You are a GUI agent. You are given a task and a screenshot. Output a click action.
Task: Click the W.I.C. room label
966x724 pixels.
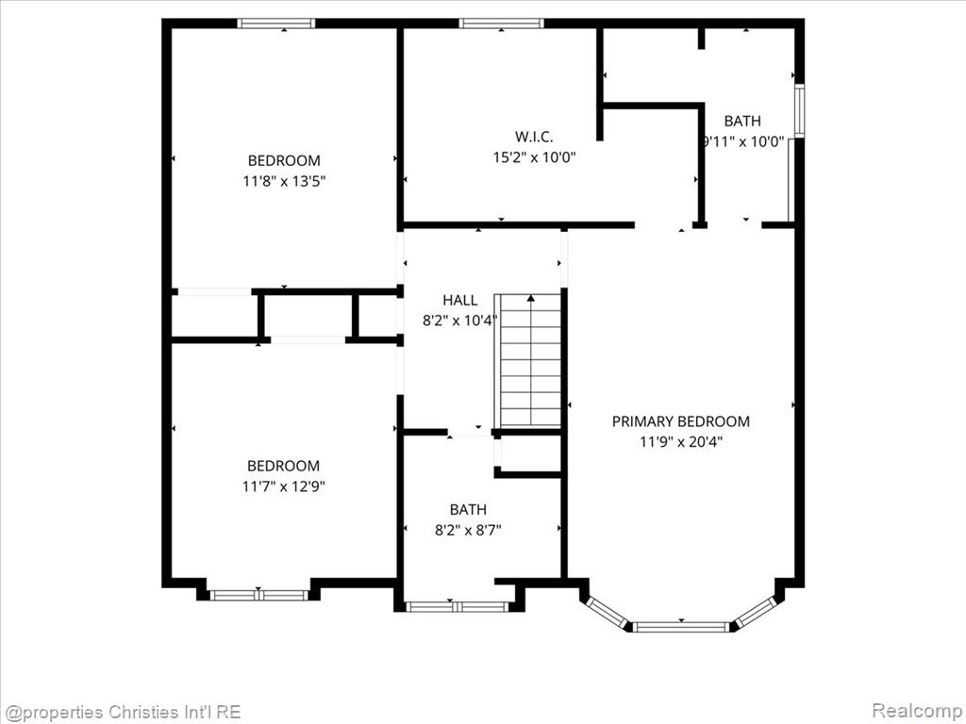coord(534,136)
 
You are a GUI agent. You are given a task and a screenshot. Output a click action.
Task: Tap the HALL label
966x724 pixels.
coord(460,301)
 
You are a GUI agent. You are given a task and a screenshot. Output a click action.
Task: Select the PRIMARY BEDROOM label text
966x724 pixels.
coord(681,421)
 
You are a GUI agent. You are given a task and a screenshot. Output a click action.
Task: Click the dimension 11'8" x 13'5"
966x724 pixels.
coord(284,182)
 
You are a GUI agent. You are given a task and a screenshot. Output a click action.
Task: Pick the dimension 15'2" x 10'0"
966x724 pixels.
coord(534,157)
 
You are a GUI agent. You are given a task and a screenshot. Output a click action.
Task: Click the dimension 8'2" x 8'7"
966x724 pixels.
coord(468,530)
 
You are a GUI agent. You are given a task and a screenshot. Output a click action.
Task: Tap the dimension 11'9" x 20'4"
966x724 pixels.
coord(681,442)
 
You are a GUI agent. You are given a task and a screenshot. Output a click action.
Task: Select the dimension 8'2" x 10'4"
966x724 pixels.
coord(459,321)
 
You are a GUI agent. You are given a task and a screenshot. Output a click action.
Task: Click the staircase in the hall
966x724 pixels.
coord(530,361)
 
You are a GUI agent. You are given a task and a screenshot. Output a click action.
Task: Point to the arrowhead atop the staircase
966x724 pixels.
coord(531,299)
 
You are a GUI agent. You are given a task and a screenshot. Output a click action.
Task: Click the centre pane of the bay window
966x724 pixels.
coord(681,627)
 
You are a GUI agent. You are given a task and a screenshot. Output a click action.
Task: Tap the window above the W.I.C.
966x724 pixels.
coord(501,24)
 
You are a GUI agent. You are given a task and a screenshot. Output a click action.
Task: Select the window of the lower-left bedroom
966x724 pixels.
coord(258,596)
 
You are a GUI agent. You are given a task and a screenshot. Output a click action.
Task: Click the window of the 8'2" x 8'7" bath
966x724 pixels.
coord(457,607)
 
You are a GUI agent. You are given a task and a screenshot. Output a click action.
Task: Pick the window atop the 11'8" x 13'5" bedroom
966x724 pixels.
coord(276,24)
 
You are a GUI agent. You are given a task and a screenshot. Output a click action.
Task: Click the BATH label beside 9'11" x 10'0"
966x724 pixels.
coord(742,122)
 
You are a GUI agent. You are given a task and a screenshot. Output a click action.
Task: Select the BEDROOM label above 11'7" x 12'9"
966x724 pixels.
coord(283,466)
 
